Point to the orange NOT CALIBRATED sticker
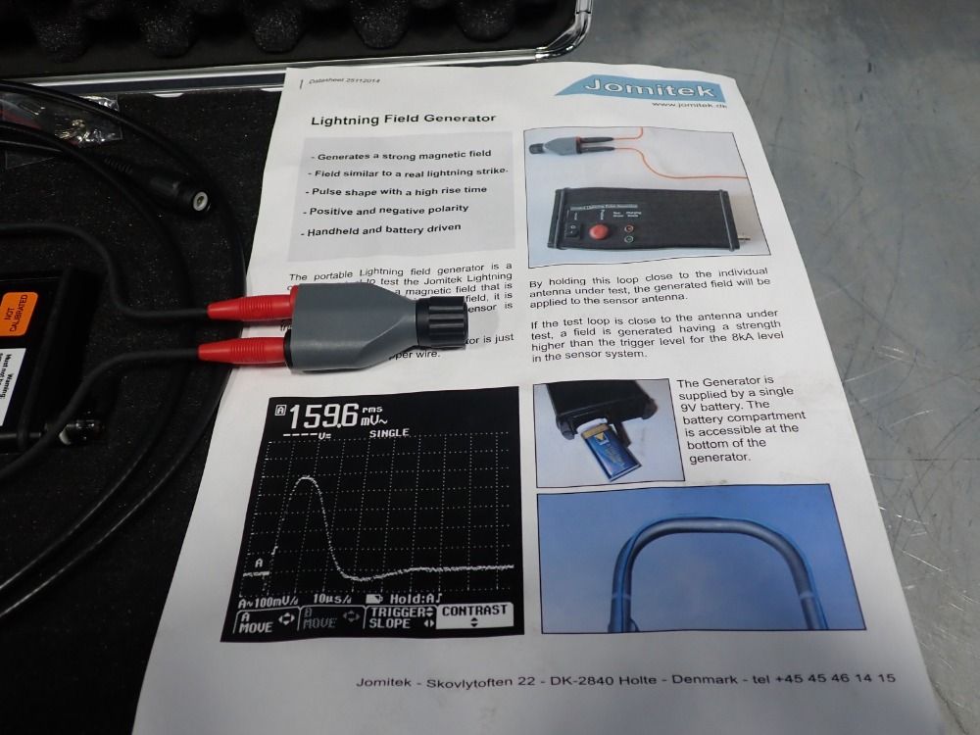coord(19,311)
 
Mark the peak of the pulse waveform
coord(309,478)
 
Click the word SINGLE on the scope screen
coord(389,432)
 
